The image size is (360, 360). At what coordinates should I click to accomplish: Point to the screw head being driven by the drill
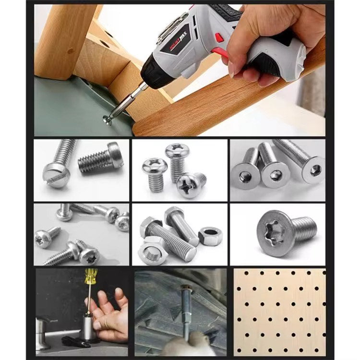108,119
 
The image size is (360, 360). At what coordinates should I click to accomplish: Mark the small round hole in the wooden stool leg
71,50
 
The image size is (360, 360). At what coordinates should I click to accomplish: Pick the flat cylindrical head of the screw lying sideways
116,155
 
